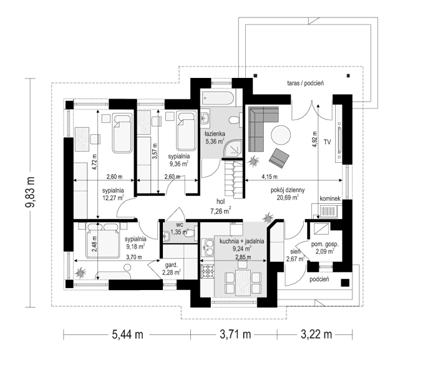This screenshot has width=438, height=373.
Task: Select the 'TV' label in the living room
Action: tap(327, 142)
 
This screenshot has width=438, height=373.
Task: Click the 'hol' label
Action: tap(221, 202)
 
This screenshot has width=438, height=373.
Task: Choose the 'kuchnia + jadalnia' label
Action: tap(240, 240)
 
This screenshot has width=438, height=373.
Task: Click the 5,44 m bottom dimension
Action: tap(128, 334)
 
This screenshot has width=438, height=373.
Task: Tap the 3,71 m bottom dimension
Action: tap(235, 334)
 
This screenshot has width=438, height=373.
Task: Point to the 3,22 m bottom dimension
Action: tap(316, 334)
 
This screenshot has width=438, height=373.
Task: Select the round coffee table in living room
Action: tap(280, 135)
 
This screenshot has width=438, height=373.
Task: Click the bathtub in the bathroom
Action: tap(217, 98)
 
